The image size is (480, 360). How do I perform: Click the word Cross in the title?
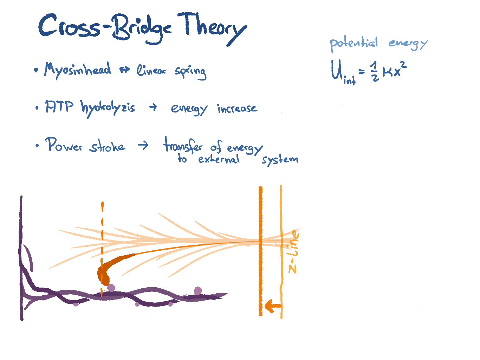[x=69, y=26]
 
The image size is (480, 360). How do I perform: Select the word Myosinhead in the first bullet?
[x=78, y=70]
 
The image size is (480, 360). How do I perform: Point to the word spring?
[x=190, y=72]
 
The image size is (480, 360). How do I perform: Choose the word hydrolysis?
[x=108, y=108]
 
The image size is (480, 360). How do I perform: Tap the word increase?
[x=237, y=108]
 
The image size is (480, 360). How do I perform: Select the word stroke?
[x=107, y=146]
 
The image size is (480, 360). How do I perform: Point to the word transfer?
[x=183, y=145]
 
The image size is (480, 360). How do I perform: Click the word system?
[x=280, y=160]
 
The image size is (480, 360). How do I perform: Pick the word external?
[x=219, y=160]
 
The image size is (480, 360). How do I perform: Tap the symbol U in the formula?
[x=337, y=70]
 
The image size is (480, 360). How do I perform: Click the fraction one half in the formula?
[x=375, y=71]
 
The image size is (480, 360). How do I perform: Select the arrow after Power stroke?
[x=143, y=145]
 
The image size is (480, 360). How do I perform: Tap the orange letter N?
[x=292, y=269]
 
